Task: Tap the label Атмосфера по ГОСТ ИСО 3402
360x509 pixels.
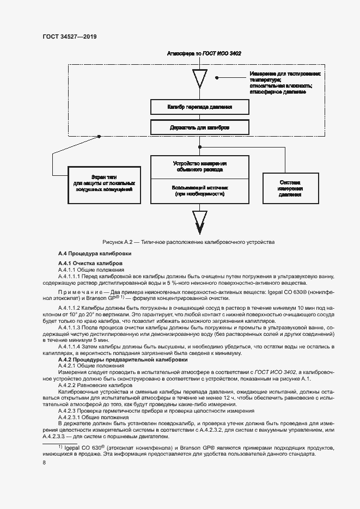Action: (x=200, y=53)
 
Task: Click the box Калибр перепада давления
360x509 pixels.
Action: (x=200, y=107)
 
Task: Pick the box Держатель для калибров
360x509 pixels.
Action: (x=200, y=127)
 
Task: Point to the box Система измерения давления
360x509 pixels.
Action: (x=290, y=188)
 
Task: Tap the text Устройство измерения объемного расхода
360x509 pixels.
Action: (x=200, y=166)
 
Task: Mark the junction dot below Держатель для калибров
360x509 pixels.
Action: (x=200, y=146)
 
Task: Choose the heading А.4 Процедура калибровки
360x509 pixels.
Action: (x=94, y=254)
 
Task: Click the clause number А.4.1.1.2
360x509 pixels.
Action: (x=73, y=308)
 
